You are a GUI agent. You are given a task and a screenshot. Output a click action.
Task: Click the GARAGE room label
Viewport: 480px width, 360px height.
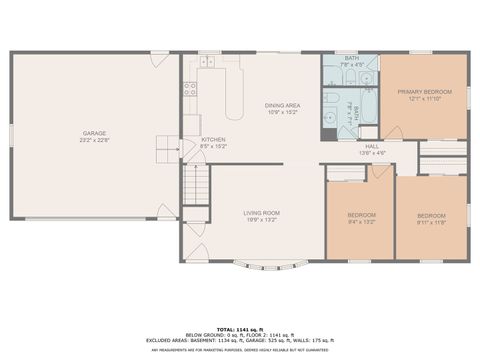point(95,133)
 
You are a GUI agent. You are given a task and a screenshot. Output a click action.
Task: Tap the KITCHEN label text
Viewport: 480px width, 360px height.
point(213,139)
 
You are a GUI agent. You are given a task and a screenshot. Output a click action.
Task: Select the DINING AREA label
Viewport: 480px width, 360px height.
point(283,105)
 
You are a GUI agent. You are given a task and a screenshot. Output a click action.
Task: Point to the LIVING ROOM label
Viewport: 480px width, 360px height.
point(262,212)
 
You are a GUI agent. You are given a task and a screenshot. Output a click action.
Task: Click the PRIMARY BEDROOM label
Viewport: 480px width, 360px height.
point(425,92)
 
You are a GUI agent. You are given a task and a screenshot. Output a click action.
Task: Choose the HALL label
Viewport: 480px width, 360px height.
point(372,146)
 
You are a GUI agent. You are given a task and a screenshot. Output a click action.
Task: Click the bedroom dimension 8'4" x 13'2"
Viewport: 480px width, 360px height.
point(361,222)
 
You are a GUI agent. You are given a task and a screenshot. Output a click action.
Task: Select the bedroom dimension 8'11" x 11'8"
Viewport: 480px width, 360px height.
point(430,222)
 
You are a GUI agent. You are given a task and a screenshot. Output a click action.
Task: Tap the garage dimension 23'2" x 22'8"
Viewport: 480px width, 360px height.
point(95,140)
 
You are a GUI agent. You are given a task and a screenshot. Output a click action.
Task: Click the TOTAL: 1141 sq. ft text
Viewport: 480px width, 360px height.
point(240,326)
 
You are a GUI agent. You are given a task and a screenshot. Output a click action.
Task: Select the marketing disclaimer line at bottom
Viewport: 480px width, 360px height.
point(240,349)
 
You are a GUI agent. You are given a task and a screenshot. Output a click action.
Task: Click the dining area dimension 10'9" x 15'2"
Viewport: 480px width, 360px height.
point(283,112)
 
